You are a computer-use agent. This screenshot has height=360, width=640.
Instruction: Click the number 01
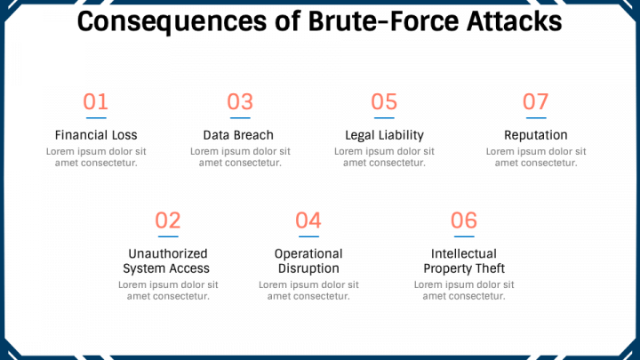(96, 102)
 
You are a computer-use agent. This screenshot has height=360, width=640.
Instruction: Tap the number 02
(168, 220)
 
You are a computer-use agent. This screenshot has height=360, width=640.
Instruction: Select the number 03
(240, 102)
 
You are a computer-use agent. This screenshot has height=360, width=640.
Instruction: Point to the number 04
(308, 220)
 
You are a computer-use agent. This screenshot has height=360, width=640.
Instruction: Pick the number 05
(384, 102)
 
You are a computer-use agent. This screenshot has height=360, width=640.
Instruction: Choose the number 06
(464, 220)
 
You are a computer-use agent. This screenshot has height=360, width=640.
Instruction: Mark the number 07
(536, 102)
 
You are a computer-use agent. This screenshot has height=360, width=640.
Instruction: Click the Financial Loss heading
(96, 135)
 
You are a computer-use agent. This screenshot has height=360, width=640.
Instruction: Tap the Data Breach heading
(238, 135)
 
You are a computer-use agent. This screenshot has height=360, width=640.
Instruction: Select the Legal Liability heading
(384, 135)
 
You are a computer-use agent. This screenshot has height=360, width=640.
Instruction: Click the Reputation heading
(536, 135)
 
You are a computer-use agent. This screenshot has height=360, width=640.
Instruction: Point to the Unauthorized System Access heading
(166, 260)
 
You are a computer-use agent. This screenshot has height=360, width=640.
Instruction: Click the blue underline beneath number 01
(96, 117)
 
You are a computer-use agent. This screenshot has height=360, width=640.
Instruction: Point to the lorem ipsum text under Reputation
(536, 156)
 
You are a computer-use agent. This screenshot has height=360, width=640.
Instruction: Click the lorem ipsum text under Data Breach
(240, 156)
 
